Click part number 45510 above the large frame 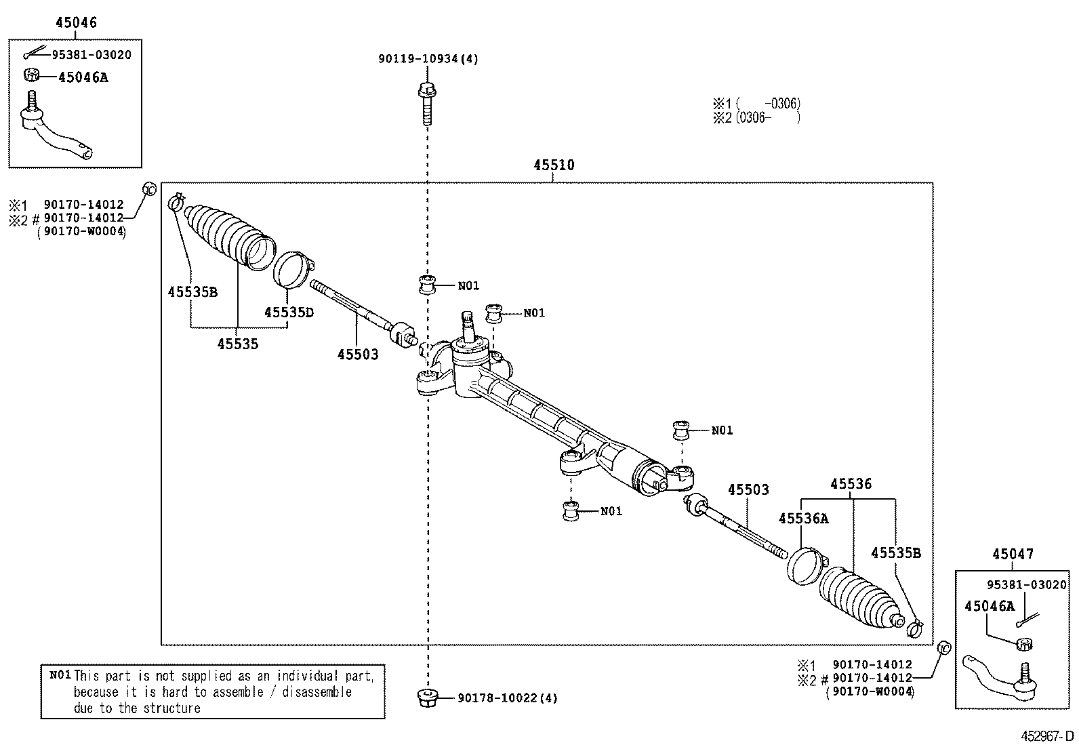click(554, 165)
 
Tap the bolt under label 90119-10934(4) click(426, 104)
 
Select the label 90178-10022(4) click(507, 698)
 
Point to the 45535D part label click(289, 312)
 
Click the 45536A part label click(803, 519)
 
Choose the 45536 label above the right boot click(851, 484)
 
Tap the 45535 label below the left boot click(237, 344)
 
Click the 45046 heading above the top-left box click(76, 22)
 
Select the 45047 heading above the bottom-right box click(1013, 554)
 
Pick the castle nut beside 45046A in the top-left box click(31, 75)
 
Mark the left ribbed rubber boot click(228, 235)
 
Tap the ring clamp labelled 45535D click(293, 270)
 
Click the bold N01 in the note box click(60, 675)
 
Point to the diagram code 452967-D click(1048, 736)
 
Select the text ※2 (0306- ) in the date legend click(756, 117)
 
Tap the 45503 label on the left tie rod click(357, 354)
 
